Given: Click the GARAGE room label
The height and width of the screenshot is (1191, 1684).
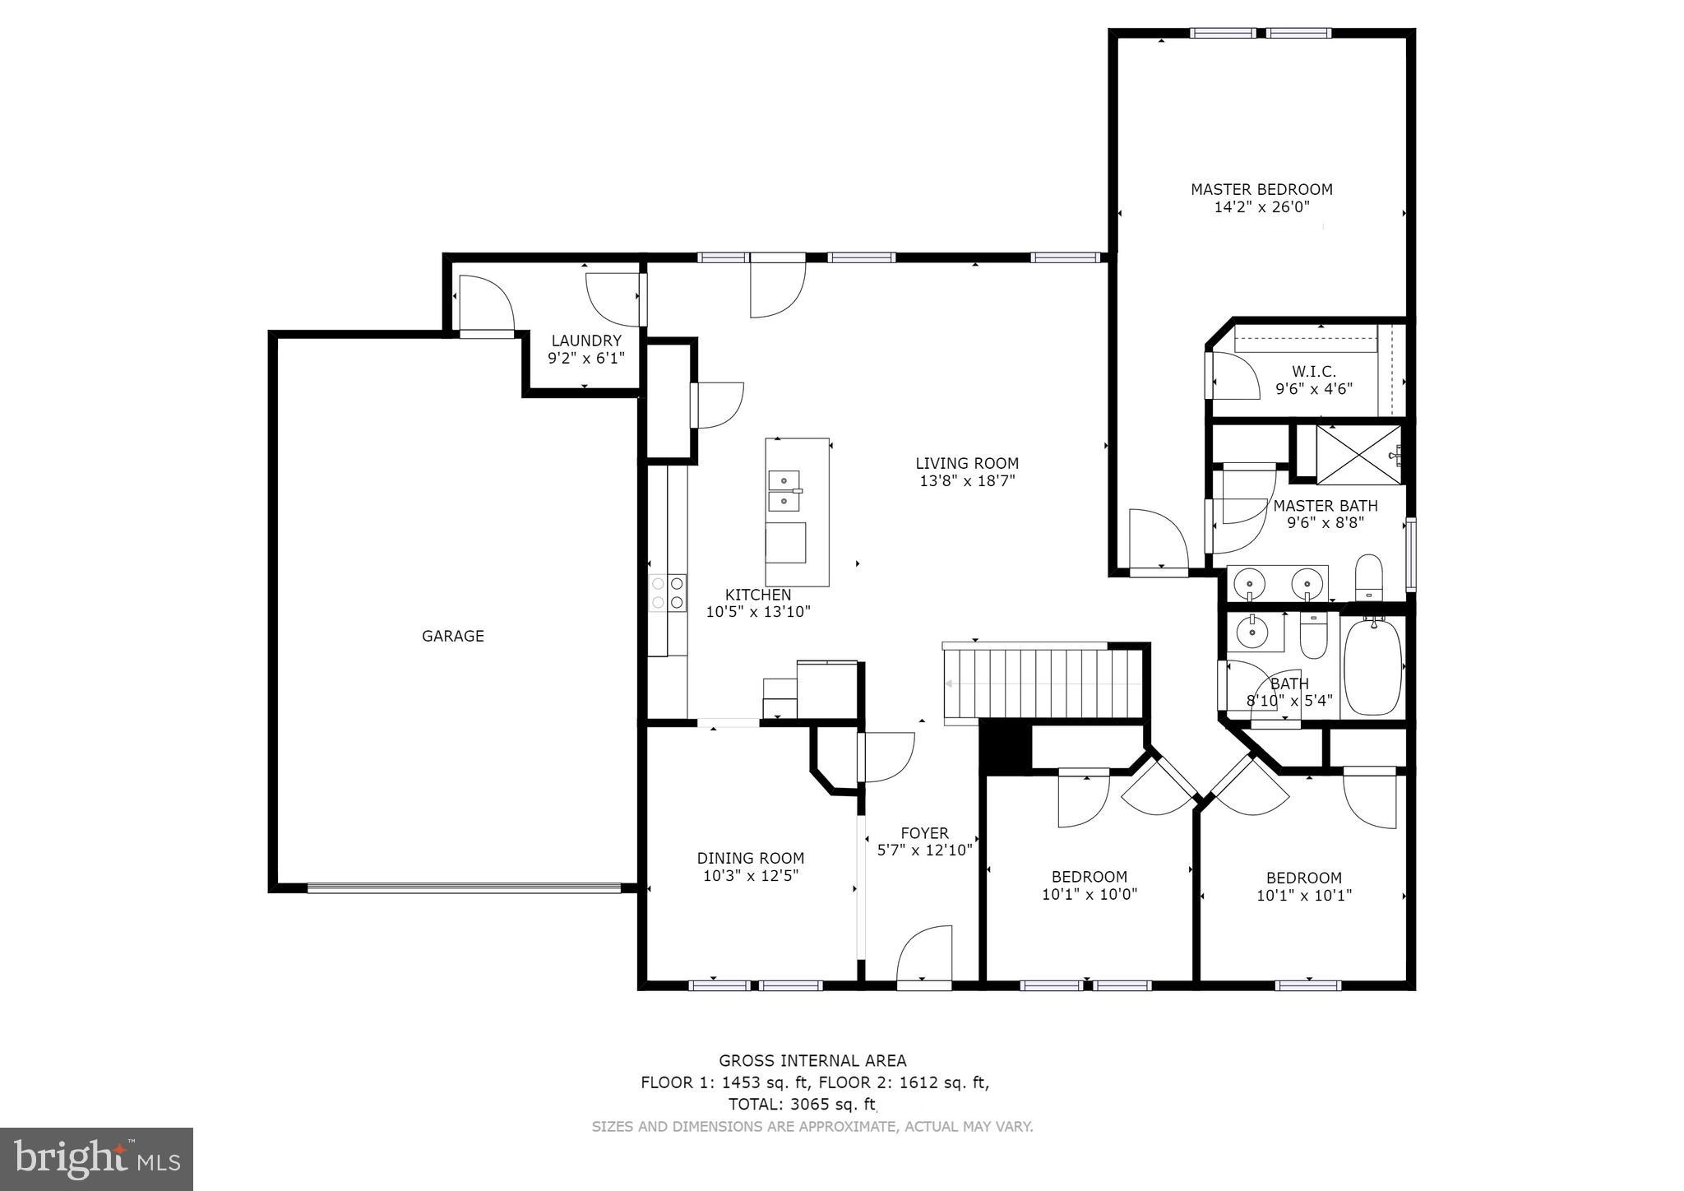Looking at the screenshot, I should coord(452,636).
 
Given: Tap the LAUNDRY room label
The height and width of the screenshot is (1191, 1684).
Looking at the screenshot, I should coord(585,341).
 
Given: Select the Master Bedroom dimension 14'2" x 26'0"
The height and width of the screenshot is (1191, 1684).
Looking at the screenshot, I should coord(1261,207).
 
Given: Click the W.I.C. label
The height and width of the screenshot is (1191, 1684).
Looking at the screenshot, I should coord(1313,372).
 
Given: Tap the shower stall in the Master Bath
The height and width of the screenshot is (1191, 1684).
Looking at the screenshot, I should coord(1358,453).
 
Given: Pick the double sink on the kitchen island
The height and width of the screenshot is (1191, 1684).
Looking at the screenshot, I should coord(784,489).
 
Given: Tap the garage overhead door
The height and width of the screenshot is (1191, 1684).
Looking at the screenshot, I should coord(464,887).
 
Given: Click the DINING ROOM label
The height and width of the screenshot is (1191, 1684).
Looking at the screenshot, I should coord(750,858).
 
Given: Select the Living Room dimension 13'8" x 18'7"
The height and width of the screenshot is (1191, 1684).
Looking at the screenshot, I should coord(967,481).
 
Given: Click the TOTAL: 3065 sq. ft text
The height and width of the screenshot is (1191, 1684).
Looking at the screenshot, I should coord(802,1104).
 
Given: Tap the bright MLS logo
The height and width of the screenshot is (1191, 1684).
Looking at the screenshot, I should coord(96,1159).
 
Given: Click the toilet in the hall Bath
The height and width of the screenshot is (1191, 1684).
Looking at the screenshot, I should coord(1313,636).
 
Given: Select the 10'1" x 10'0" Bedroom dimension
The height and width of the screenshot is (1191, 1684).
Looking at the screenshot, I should coord(1089,894).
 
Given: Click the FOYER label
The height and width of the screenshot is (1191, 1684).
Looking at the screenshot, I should coord(924,832).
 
